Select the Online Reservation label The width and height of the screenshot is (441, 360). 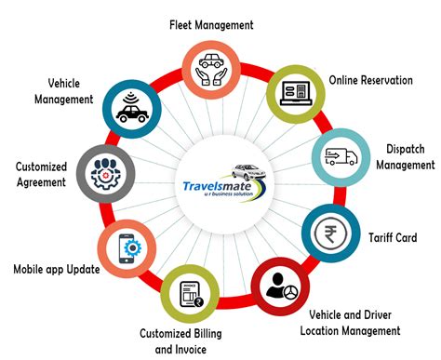(x=369, y=81)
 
